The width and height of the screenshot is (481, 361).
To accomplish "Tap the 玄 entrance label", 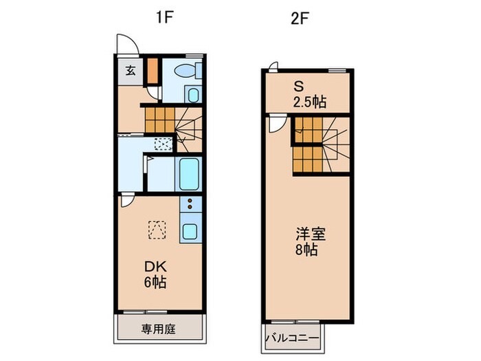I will (x=131, y=69).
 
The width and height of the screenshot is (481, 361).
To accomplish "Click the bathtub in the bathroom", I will (x=188, y=175).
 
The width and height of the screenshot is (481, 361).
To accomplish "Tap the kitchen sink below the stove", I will (x=190, y=231).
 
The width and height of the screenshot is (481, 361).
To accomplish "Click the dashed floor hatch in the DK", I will (x=157, y=228).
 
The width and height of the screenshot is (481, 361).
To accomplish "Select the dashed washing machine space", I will (x=164, y=144).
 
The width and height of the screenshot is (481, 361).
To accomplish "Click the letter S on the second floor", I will (x=298, y=87).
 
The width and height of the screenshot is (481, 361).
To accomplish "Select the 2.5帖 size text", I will (x=308, y=102).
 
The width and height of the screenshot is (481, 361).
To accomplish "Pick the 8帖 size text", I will (x=306, y=250).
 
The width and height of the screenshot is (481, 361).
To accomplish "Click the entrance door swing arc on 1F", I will (x=125, y=43).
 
